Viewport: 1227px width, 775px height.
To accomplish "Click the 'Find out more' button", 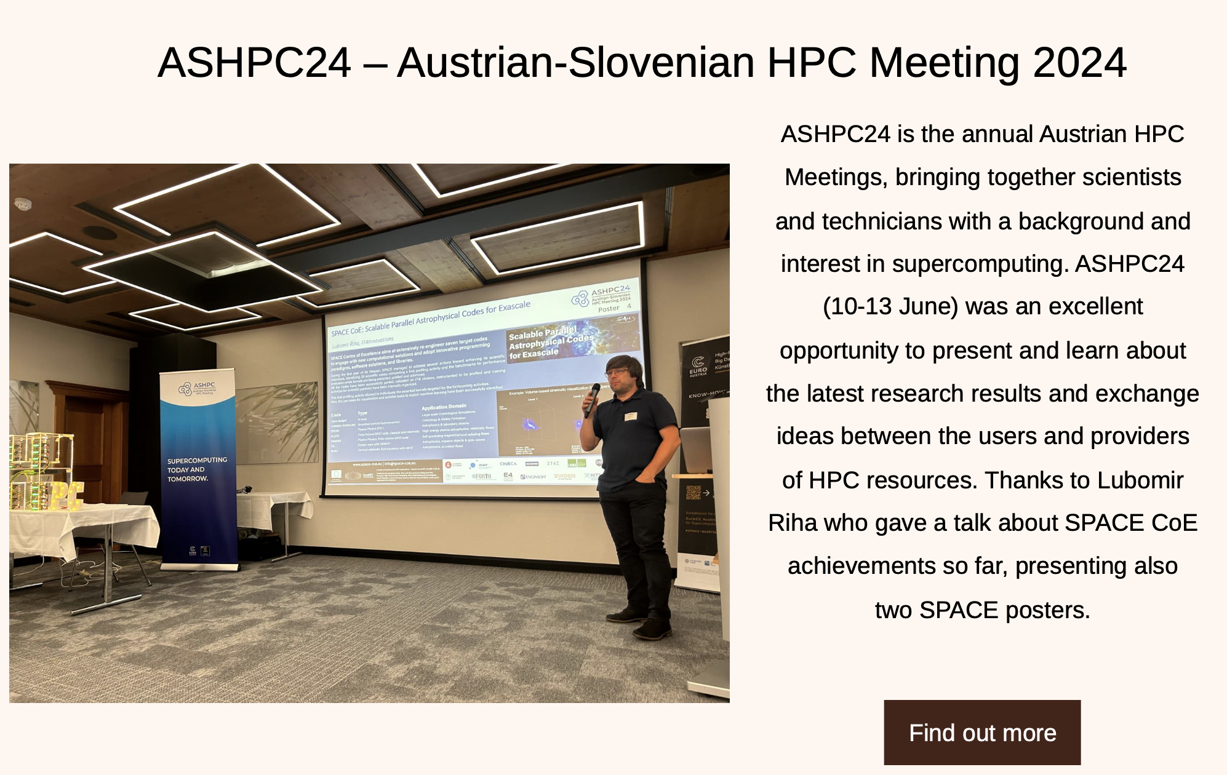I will tap(982, 733).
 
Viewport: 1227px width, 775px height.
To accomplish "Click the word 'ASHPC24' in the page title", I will tap(254, 63).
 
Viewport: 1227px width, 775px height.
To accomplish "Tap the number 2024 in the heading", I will tap(1079, 63).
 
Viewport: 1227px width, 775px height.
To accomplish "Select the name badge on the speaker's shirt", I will tap(630, 416).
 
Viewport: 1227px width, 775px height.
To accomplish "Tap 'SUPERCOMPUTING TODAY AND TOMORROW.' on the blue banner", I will tap(197, 469).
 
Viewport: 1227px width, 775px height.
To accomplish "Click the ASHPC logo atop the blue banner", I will tap(196, 388).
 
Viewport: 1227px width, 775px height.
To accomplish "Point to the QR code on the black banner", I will tap(693, 493).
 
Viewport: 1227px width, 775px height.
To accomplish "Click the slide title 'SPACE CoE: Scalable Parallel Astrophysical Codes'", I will tap(431, 319).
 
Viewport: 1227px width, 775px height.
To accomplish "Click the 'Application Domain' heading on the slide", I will tap(444, 407).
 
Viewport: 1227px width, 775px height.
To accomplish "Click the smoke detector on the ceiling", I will tap(23, 203).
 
